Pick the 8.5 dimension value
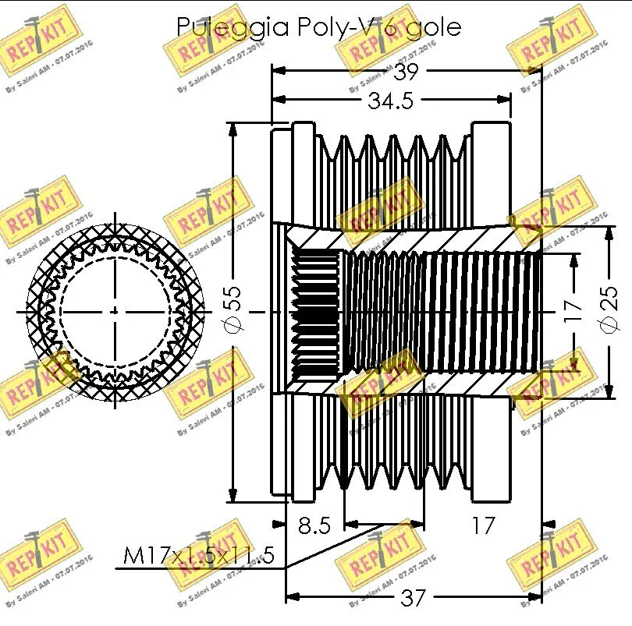[x=314, y=525]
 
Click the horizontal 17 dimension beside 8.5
[x=484, y=525]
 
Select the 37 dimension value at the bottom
[x=413, y=598]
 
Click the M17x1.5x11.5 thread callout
[x=199, y=557]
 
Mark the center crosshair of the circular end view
[x=115, y=311]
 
